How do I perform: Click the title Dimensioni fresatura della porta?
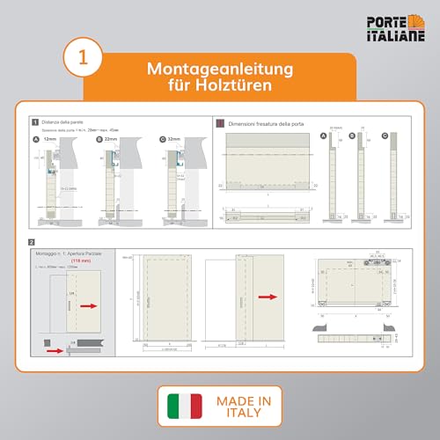point(265,123)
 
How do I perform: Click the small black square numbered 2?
point(32,241)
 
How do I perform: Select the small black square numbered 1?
point(33,122)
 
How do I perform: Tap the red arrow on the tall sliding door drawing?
point(263,298)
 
